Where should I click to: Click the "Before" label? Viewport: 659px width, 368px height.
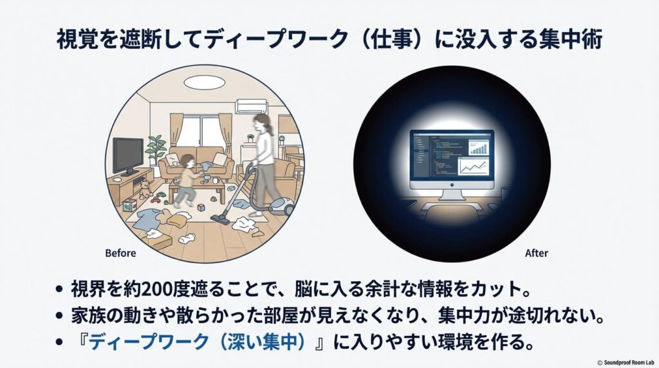(x=120, y=253)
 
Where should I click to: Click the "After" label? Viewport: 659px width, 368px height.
(x=536, y=253)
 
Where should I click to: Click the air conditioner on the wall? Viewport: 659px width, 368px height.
(x=252, y=106)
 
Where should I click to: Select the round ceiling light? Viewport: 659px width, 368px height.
(x=205, y=82)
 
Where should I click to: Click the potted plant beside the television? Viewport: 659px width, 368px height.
(x=155, y=149)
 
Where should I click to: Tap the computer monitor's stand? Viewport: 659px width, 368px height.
(x=452, y=194)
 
